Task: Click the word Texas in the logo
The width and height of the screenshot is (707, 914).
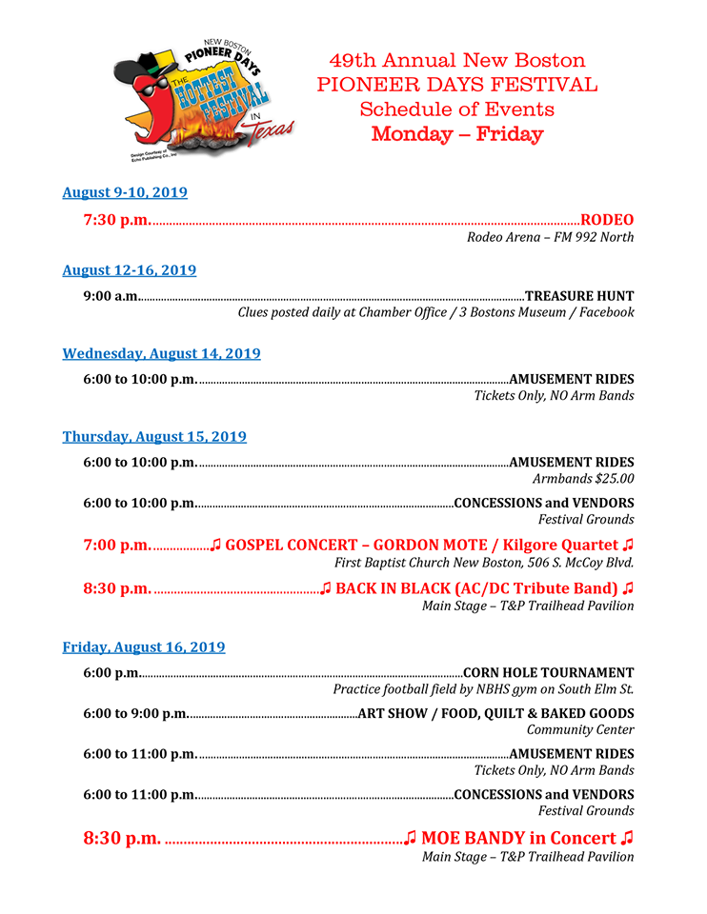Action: click(x=273, y=132)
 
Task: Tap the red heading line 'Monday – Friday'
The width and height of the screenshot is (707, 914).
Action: click(x=457, y=134)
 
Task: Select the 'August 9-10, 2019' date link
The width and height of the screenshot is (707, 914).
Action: click(x=125, y=192)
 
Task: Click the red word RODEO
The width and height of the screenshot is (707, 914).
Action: click(x=607, y=220)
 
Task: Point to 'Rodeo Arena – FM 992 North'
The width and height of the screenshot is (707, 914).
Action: click(x=550, y=237)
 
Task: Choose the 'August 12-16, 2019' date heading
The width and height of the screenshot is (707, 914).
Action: click(x=130, y=270)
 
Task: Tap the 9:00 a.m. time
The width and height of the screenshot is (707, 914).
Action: click(x=111, y=296)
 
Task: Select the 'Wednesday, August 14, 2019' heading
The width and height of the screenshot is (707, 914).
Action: click(x=161, y=353)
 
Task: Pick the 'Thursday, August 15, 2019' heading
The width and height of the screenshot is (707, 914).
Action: click(x=154, y=437)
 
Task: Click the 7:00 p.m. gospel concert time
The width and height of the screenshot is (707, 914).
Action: click(x=116, y=546)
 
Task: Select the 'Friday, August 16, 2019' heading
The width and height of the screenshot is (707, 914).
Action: click(x=144, y=647)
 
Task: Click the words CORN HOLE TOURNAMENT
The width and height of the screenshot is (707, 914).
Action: click(x=548, y=673)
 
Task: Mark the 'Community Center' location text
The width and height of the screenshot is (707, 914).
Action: click(x=580, y=730)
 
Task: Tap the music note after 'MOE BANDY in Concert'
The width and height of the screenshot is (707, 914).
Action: click(x=626, y=839)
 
